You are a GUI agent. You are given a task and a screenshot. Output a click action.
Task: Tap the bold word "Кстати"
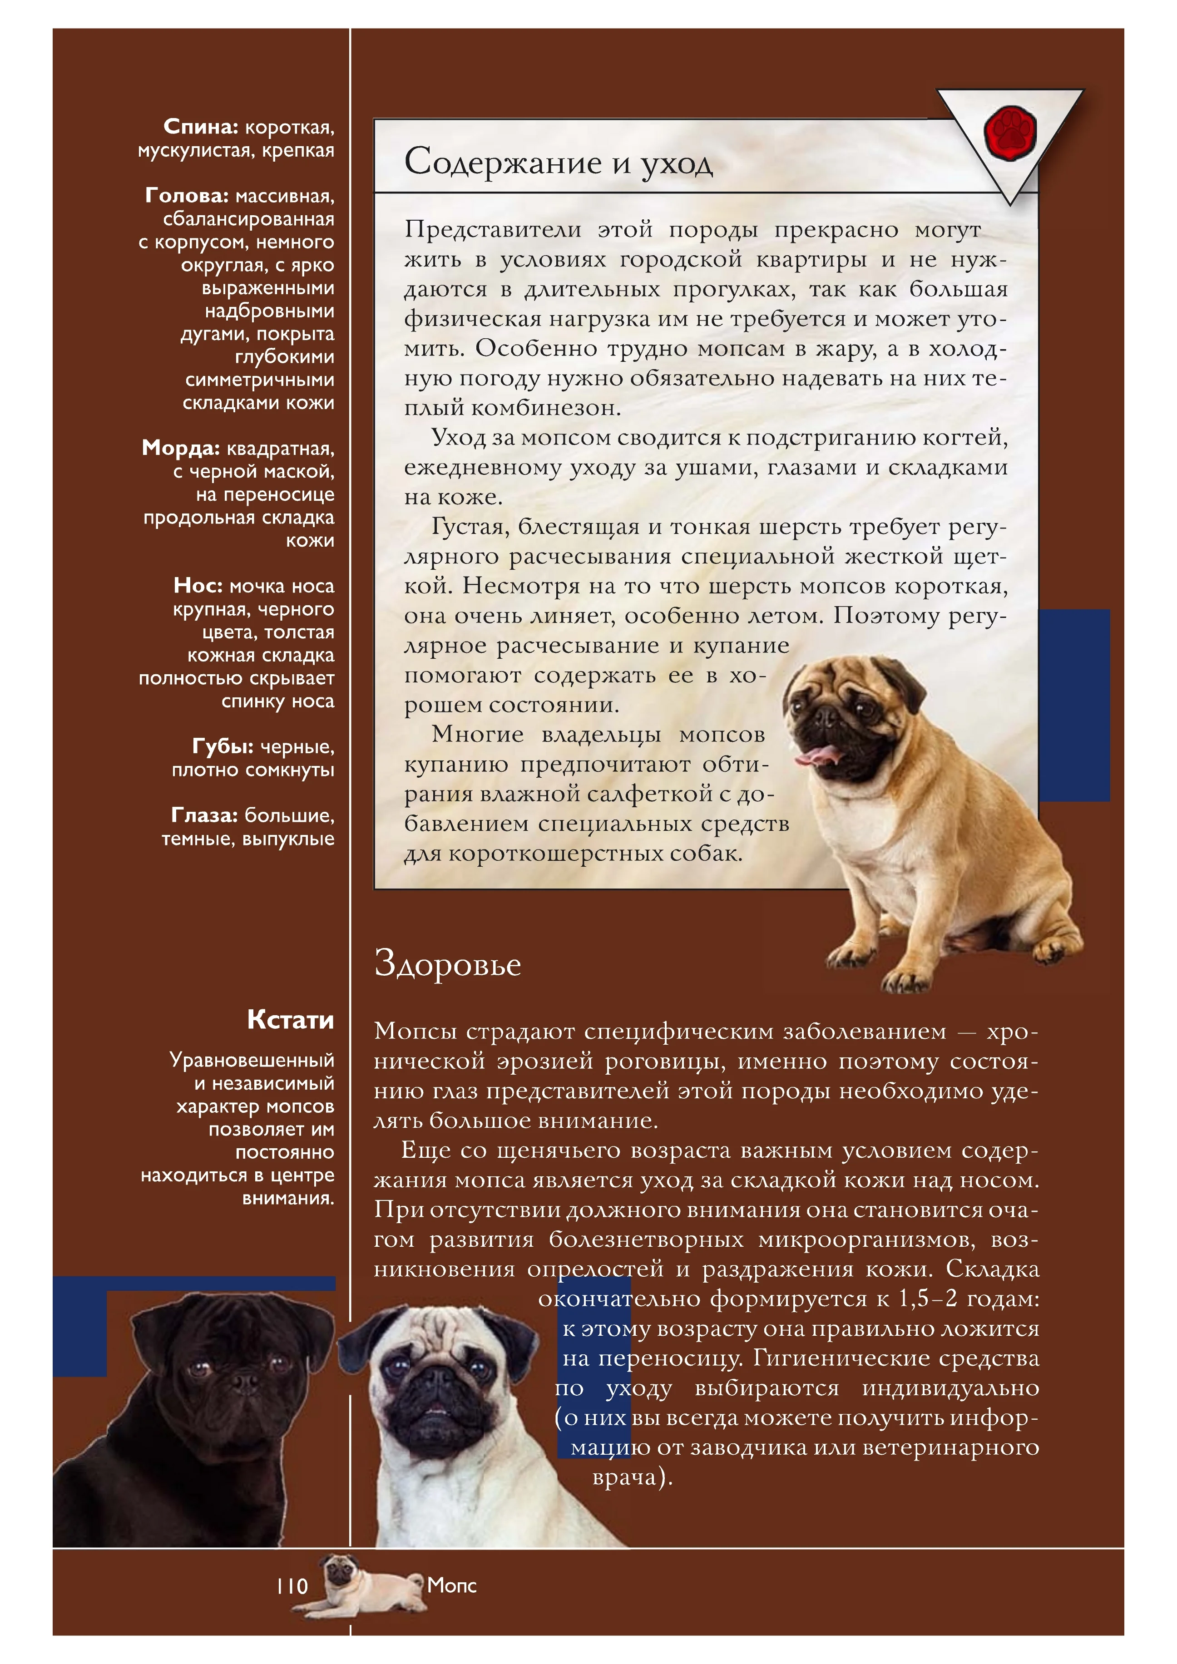click(x=291, y=1020)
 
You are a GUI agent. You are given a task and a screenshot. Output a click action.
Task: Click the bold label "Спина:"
click(x=201, y=127)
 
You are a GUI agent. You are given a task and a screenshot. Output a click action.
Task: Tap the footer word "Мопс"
click(x=451, y=1585)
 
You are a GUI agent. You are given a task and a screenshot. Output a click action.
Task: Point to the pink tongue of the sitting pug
click(x=819, y=757)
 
